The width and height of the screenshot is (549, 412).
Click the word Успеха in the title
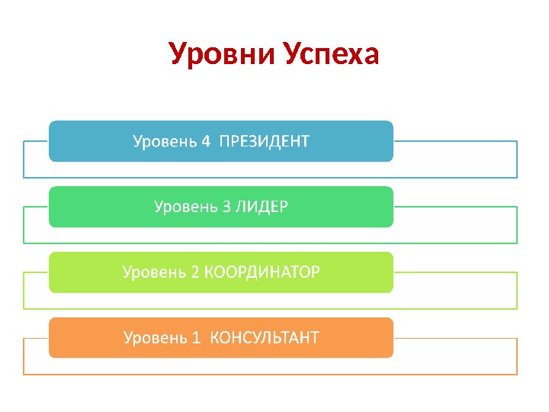pyautogui.click(x=331, y=55)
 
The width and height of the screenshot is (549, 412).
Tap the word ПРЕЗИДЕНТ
pyautogui.click(x=264, y=141)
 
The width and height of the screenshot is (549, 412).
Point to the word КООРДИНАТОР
pyautogui.click(x=262, y=272)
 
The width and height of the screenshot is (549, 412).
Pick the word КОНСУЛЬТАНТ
pyautogui.click(x=264, y=338)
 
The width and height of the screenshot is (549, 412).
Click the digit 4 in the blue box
pyautogui.click(x=204, y=141)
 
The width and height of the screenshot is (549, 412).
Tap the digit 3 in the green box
pyautogui.click(x=226, y=207)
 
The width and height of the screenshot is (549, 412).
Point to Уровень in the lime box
pyautogui.click(x=156, y=273)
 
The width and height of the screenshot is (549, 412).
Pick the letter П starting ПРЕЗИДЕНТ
pyautogui.click(x=224, y=141)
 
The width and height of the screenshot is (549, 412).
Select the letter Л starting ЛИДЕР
pyautogui.click(x=239, y=207)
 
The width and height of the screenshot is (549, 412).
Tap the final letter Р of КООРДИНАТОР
pyautogui.click(x=316, y=272)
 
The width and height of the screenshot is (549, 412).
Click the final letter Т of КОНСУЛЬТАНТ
pyautogui.click(x=313, y=338)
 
